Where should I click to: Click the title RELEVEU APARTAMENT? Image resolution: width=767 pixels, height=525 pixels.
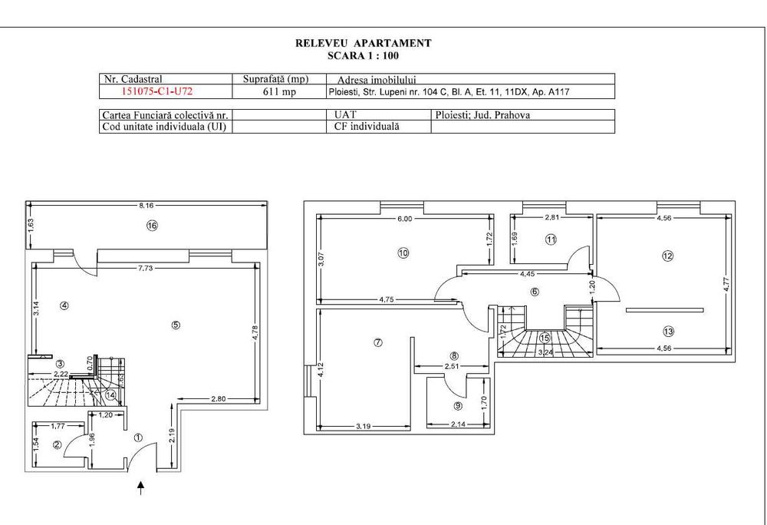(x=363, y=44)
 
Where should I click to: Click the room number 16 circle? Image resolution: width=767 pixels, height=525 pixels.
(x=152, y=226)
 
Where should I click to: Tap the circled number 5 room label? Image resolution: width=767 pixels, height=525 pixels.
(x=176, y=325)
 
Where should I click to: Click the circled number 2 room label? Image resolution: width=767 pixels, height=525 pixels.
(x=57, y=444)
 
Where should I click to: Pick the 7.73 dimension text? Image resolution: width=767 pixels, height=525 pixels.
(x=146, y=268)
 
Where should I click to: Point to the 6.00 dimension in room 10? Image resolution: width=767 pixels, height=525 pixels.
(x=404, y=219)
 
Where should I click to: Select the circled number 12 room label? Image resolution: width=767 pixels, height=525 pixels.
(x=667, y=256)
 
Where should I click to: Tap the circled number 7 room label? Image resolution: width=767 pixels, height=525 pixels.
(x=377, y=343)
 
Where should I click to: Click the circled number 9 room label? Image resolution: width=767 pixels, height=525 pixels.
(x=458, y=407)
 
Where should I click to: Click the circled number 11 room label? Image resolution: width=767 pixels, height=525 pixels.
(x=551, y=239)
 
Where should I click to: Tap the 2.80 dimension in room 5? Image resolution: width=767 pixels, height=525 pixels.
(x=219, y=399)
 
